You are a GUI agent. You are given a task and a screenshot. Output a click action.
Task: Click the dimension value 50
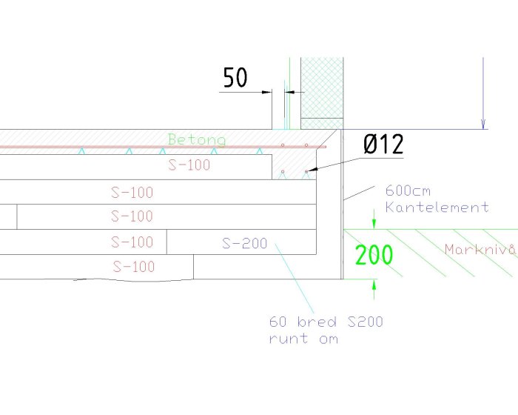point(235,77)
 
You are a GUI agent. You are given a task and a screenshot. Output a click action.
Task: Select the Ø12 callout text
point(383,145)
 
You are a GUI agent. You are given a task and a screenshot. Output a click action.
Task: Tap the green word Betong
point(197,139)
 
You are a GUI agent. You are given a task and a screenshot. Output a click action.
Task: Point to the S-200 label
point(244,244)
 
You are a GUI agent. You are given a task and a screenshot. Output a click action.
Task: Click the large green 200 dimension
point(374,255)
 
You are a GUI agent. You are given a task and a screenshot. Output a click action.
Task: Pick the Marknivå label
point(480,249)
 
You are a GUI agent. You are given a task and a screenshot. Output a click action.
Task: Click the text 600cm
point(408,191)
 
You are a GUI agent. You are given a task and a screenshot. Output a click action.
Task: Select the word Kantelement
point(437,207)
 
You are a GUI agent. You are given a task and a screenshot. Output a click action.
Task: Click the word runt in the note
point(289,339)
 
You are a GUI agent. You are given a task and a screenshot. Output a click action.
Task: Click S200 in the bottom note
point(365,322)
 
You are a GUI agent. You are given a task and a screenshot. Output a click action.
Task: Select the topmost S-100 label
point(189,165)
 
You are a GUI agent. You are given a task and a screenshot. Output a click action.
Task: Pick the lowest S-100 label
point(134,266)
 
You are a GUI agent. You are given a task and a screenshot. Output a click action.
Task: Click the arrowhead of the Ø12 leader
point(312,170)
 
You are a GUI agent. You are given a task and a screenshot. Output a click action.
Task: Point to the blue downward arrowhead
point(483,124)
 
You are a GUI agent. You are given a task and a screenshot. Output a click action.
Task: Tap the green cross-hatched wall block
point(322,93)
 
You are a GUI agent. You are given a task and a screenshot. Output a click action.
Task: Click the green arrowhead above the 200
point(374,223)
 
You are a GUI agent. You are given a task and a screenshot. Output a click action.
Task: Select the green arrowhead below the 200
point(374,285)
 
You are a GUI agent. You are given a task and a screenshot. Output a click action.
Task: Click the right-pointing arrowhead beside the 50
point(267,92)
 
